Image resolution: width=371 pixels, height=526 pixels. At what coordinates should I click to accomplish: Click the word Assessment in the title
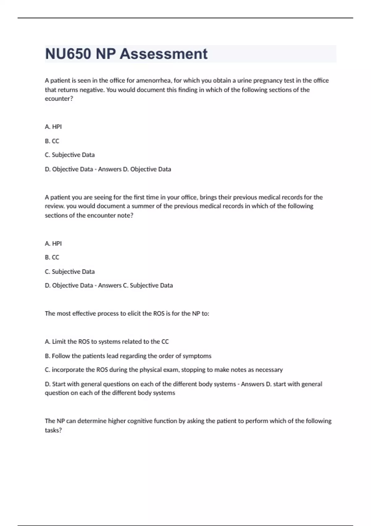coord(164,54)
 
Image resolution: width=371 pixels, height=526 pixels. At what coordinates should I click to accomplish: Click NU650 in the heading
coord(68,54)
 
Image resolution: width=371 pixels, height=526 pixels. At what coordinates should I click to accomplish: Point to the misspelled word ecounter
coord(58,99)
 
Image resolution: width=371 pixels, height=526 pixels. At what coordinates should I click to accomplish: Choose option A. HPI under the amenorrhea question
coord(53,127)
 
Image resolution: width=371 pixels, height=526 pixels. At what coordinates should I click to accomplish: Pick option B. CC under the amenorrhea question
coord(52,141)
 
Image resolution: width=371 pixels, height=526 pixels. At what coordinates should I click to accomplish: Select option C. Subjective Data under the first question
coord(70,155)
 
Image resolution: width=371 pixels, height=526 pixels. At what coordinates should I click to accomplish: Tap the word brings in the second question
coord(208,197)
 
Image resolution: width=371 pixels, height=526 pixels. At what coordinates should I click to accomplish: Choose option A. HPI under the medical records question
coord(53,244)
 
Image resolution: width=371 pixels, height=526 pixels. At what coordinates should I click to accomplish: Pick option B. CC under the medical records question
coord(52,257)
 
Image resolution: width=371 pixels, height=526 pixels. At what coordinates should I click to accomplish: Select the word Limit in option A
coord(59,342)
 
